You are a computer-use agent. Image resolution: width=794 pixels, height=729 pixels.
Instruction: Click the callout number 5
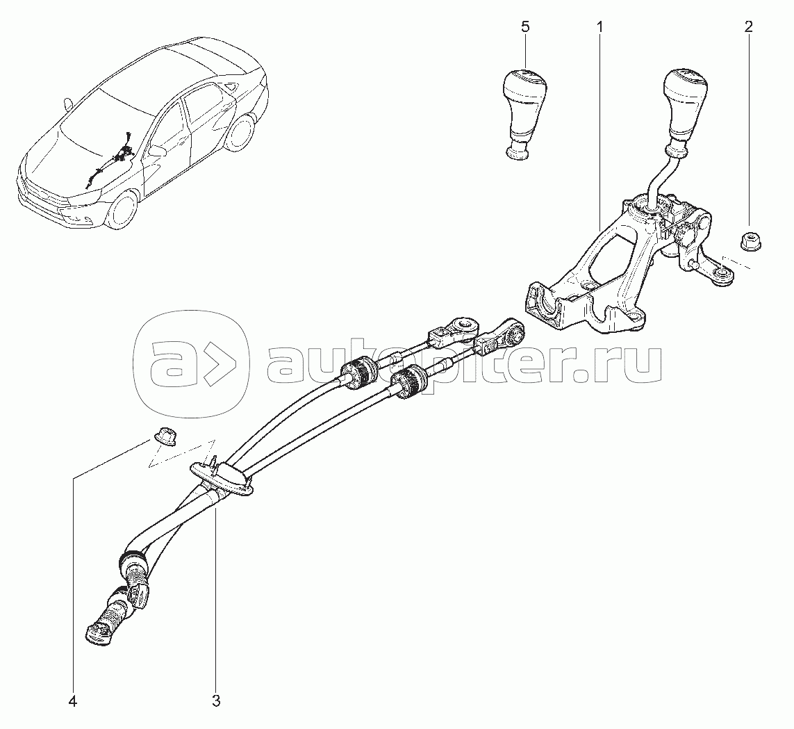(525, 27)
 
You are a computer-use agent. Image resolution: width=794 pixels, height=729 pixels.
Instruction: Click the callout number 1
(599, 27)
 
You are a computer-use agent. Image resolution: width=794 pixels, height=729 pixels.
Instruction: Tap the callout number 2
(748, 27)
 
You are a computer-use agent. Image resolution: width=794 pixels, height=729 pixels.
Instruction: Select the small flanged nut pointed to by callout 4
(164, 436)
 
